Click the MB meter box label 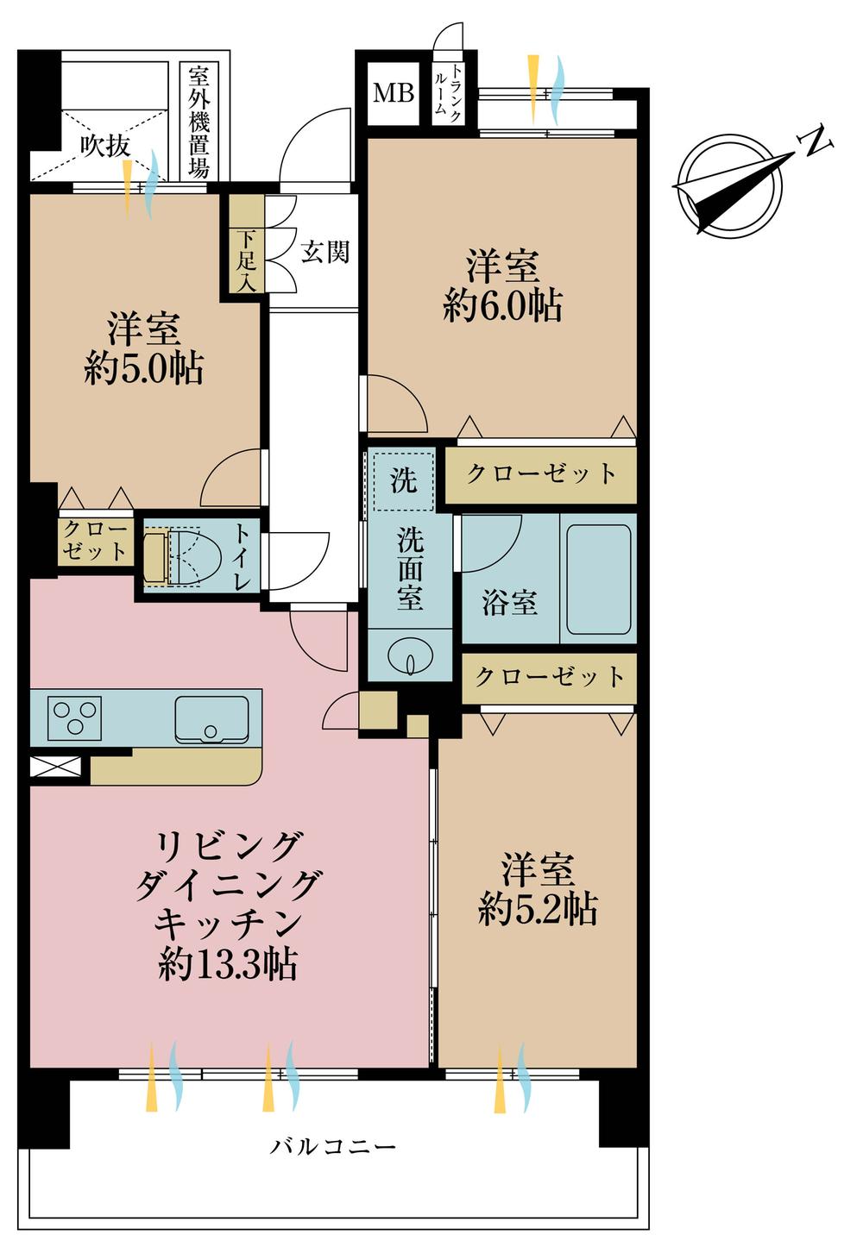[x=393, y=92]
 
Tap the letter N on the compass [x=816, y=142]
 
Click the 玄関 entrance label [x=324, y=252]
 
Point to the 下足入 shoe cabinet [x=247, y=260]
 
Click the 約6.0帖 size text [x=502, y=306]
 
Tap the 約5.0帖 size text [x=143, y=369]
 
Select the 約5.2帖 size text [x=538, y=910]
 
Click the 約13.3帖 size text [x=228, y=964]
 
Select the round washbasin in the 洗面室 [x=410, y=658]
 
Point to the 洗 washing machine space [x=403, y=480]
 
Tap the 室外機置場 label [x=198, y=121]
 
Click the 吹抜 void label [x=105, y=146]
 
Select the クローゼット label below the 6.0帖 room [x=541, y=473]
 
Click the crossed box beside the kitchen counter [x=55, y=767]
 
